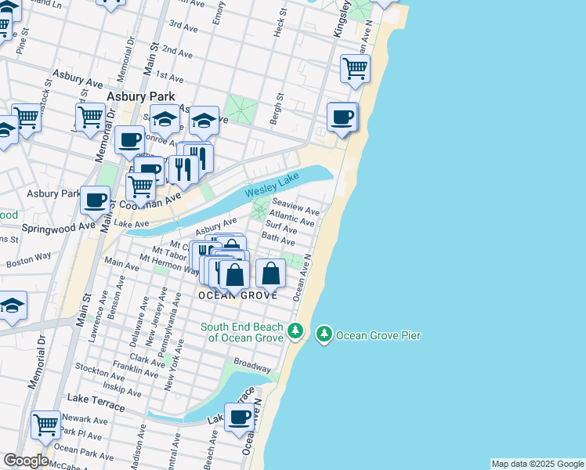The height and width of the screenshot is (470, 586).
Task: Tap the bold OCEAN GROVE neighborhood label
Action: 237,295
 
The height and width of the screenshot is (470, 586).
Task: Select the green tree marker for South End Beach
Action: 295,331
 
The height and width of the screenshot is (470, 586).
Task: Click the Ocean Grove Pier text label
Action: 378,335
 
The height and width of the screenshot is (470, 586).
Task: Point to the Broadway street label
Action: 252,366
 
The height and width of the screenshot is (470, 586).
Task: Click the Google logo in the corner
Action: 26,461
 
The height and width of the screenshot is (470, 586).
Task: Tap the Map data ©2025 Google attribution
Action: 537,464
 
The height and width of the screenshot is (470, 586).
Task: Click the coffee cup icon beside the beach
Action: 342,118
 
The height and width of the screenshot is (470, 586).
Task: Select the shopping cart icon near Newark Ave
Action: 45,425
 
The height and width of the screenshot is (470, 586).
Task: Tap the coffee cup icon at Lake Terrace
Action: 240,417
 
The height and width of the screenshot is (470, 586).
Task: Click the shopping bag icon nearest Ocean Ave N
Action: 270,274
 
